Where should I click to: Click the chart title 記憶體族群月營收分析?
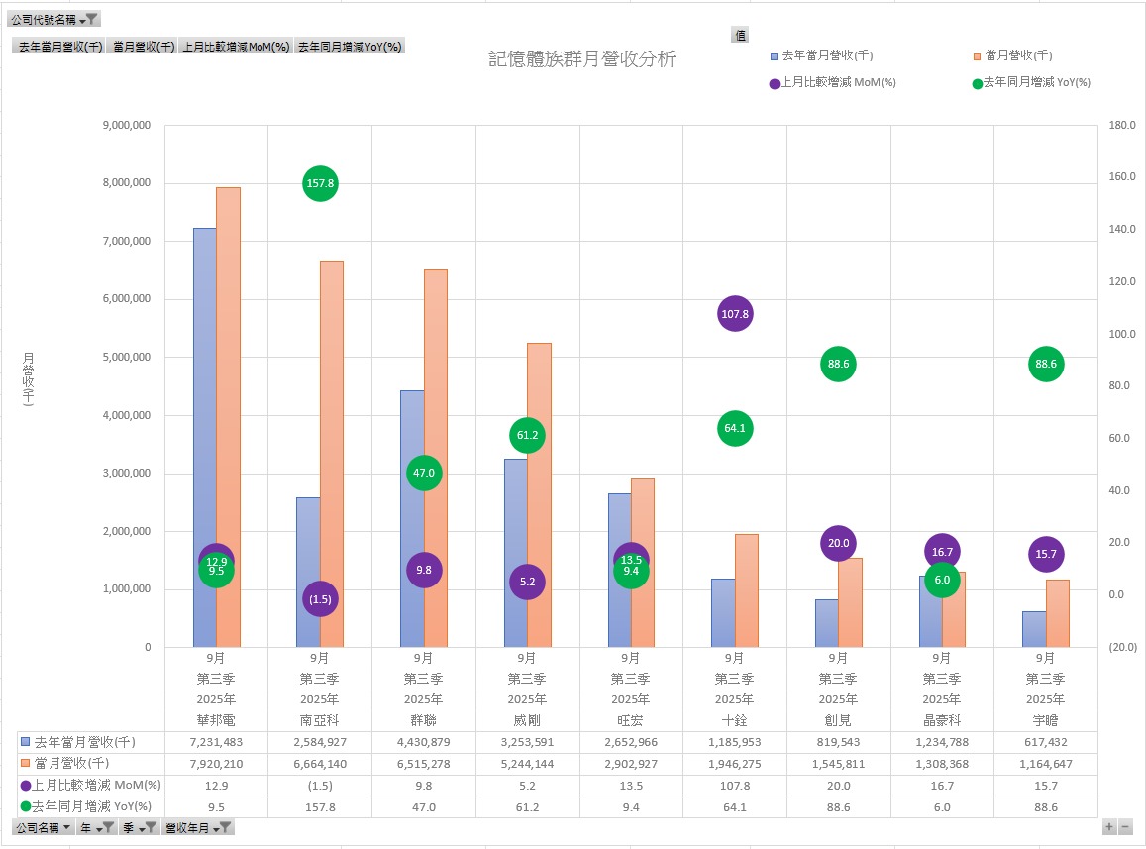tap(582, 59)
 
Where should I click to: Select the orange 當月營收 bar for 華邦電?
tap(228, 416)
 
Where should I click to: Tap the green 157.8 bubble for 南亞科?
tap(320, 183)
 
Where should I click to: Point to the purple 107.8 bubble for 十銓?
tap(734, 314)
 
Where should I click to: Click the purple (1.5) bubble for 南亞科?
tap(320, 598)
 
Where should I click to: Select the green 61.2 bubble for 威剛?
tap(527, 435)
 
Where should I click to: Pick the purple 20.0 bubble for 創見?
tap(838, 543)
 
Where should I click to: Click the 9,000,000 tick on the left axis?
tap(127, 126)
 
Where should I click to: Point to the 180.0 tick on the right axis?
tap(1122, 126)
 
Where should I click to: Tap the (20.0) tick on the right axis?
tap(1122, 647)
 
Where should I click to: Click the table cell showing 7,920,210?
tap(216, 764)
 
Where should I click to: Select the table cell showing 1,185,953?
tap(734, 742)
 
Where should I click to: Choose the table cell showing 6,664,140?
tap(320, 764)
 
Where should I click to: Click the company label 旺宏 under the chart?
tap(631, 719)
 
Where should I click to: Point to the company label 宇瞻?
tap(1045, 719)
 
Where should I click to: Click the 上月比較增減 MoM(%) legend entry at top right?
tap(838, 83)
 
